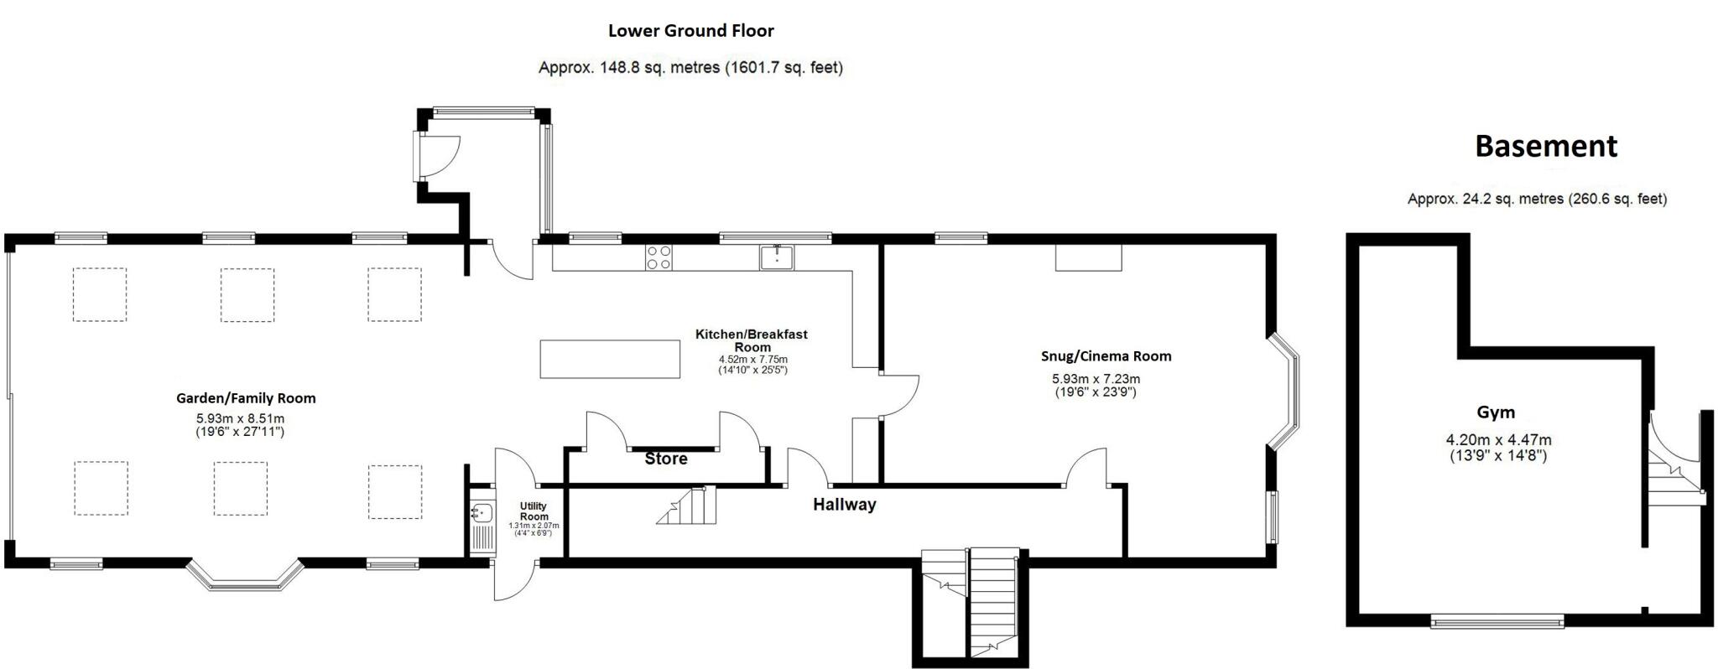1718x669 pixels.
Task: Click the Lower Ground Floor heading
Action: click(690, 31)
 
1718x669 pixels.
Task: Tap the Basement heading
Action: click(1545, 146)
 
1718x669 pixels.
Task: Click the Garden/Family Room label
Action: click(246, 398)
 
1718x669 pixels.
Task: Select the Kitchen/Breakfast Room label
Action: click(752, 340)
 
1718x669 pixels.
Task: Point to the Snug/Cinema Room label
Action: click(1106, 355)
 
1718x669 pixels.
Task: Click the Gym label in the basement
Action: click(1496, 412)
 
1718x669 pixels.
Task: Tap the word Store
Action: click(666, 459)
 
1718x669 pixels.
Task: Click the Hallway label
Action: click(844, 504)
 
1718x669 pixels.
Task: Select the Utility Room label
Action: click(534, 511)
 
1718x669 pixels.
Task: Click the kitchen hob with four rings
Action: click(659, 257)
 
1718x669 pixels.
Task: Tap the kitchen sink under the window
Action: click(778, 257)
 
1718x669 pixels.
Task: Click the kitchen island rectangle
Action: click(610, 359)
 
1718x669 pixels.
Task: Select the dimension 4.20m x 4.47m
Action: click(1498, 439)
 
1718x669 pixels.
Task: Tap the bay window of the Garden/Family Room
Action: click(244, 576)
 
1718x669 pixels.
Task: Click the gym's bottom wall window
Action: click(1497, 621)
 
